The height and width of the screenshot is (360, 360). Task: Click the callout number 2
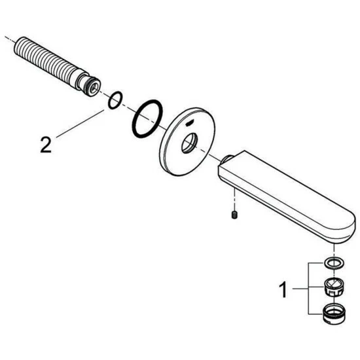coord(46,145)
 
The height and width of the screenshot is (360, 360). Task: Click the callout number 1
coord(283,290)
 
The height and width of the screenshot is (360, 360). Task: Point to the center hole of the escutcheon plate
coord(189,143)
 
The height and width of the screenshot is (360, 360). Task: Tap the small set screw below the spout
coord(234,215)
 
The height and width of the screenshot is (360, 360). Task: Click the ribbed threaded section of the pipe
coord(46,60)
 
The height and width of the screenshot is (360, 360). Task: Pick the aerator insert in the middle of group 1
coord(334,287)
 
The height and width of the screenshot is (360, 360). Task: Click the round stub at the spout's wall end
coord(226,159)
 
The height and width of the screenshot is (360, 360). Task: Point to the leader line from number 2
coord(80,124)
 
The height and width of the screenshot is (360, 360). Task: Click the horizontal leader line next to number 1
coord(300,288)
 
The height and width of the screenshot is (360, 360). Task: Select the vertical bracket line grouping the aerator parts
coord(308,288)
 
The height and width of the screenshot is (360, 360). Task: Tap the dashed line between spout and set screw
coord(234,199)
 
